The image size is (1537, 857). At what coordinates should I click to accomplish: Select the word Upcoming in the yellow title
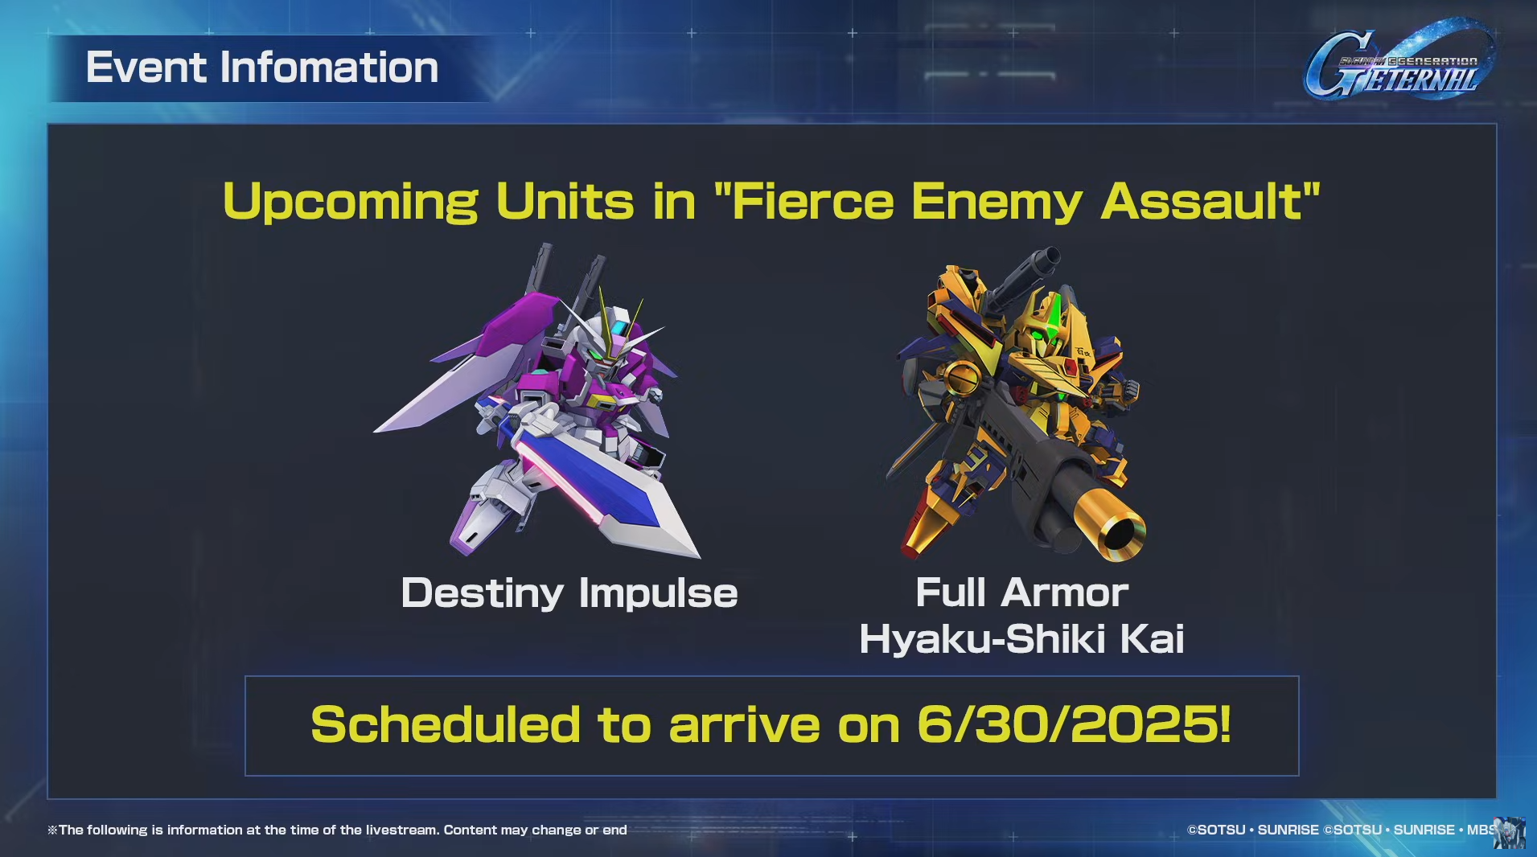pyautogui.click(x=350, y=202)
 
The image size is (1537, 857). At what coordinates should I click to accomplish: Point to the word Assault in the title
pyautogui.click(x=1202, y=201)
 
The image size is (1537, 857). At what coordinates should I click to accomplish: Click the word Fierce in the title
pyautogui.click(x=813, y=201)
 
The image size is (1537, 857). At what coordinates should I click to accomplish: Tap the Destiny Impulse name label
pyautogui.click(x=569, y=594)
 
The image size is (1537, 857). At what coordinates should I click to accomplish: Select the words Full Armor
pyautogui.click(x=1021, y=593)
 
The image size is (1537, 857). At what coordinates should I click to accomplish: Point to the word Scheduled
pyautogui.click(x=446, y=724)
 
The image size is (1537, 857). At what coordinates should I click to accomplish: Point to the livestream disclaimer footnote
pyautogui.click(x=337, y=830)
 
